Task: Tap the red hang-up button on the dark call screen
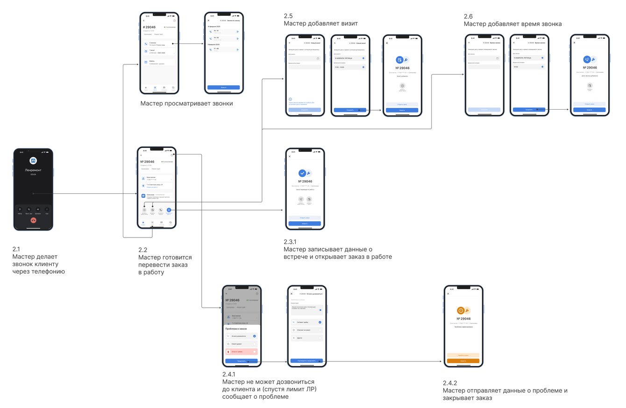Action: pyautogui.click(x=33, y=220)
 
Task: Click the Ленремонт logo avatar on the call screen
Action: pyautogui.click(x=33, y=161)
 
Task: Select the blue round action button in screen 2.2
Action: pyautogui.click(x=169, y=210)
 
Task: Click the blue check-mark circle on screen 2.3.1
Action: pyautogui.click(x=302, y=173)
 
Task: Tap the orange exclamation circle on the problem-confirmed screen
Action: pyautogui.click(x=461, y=310)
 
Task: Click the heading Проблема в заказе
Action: pyautogui.click(x=236, y=329)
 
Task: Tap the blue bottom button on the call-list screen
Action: pyautogui.click(x=223, y=87)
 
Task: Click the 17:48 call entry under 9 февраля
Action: pyautogui.click(x=223, y=49)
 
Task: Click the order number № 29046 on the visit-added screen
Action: pyautogui.click(x=402, y=68)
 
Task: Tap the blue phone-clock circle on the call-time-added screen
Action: pyautogui.click(x=587, y=59)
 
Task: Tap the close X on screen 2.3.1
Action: pyautogui.click(x=290, y=156)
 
